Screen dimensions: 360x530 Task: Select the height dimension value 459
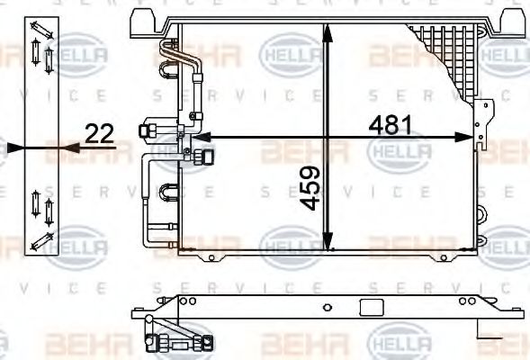[309, 188]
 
